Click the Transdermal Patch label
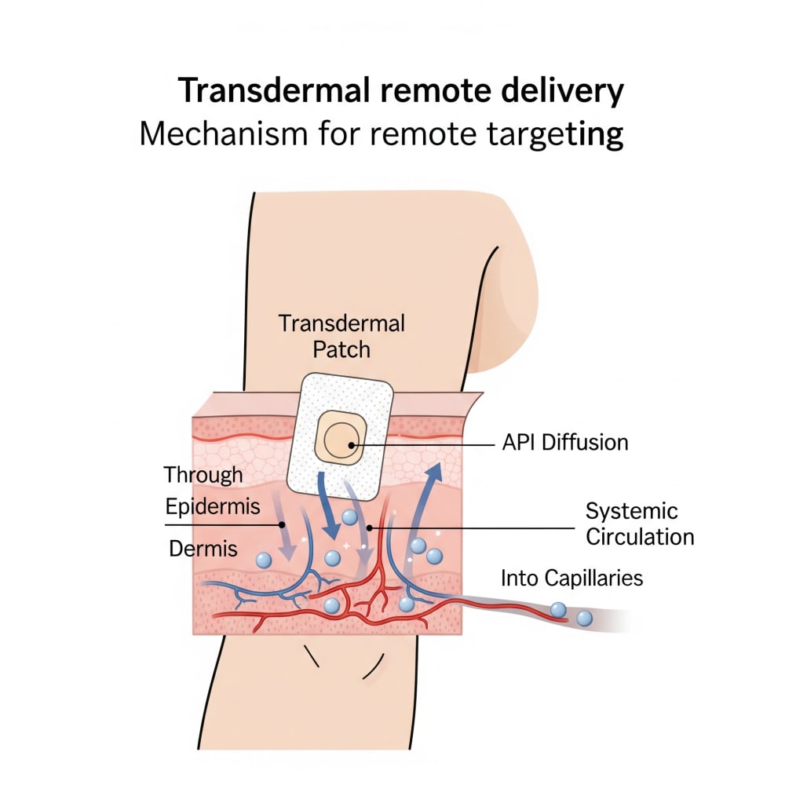341,335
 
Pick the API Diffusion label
564,442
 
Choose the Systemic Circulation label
640,524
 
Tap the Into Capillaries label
571,579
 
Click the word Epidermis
213,506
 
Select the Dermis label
203,549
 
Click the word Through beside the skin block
203,474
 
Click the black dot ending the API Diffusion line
350,447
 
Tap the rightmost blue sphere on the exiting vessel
584,619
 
